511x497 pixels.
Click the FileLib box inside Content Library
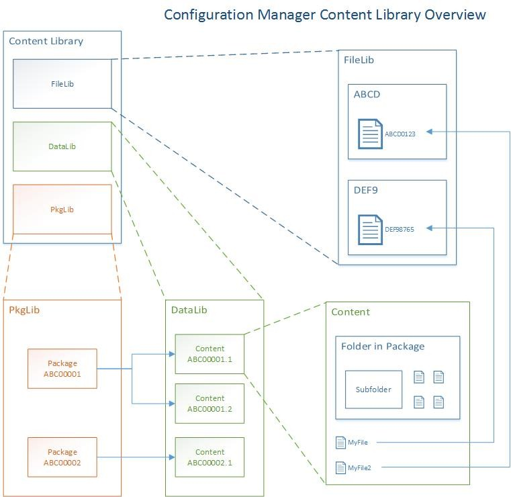click(x=62, y=83)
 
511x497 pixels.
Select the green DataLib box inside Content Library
click(x=62, y=146)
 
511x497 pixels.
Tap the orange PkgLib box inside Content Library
click(x=62, y=210)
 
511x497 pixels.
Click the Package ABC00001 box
click(x=62, y=369)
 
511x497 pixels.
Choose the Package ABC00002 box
click(x=62, y=457)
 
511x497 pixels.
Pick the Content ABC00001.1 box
click(x=210, y=353)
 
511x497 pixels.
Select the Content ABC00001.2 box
click(x=210, y=403)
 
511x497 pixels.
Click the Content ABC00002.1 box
click(x=210, y=457)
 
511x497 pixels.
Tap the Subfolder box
click(x=373, y=390)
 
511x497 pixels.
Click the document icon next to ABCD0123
click(x=369, y=133)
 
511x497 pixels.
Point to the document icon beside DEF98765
click(x=369, y=229)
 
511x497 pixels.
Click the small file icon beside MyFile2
click(x=340, y=467)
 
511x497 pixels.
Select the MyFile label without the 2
click(x=358, y=443)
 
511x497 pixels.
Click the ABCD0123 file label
click(x=400, y=134)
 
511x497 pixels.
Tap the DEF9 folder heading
click(x=367, y=190)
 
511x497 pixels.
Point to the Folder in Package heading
click(x=383, y=347)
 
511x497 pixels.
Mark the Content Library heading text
click(x=46, y=41)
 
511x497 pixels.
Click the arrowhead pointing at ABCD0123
click(x=430, y=133)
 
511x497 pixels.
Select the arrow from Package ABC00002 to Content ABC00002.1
click(x=134, y=457)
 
